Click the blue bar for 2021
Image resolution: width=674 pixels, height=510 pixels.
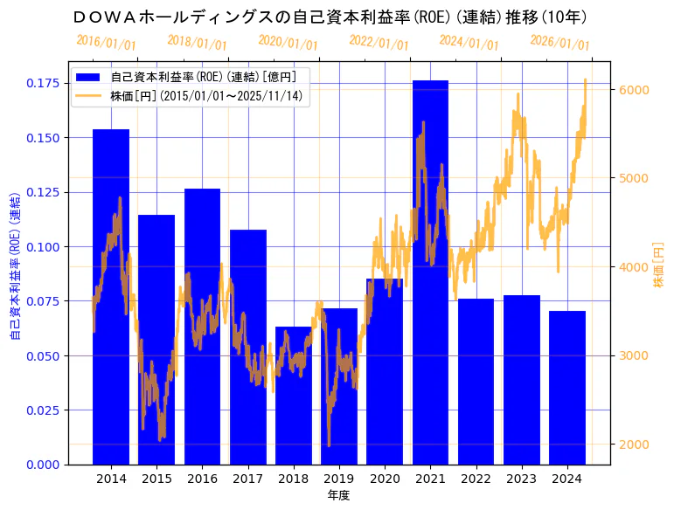tap(430, 272)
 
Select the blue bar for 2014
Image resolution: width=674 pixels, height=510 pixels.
tap(111, 296)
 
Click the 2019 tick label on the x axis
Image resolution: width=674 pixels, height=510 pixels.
tap(339, 479)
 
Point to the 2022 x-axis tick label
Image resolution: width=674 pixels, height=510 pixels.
tap(476, 479)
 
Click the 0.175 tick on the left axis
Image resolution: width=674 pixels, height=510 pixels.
tap(43, 83)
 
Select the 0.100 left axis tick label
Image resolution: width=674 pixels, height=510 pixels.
tap(43, 246)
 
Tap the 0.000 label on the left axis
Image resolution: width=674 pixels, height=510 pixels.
tap(43, 465)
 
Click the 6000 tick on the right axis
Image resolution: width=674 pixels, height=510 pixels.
tap(632, 90)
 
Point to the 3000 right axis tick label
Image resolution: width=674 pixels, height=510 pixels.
tap(632, 355)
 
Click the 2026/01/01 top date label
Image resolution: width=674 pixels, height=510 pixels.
tap(559, 42)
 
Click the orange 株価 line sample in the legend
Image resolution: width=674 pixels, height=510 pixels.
tap(90, 95)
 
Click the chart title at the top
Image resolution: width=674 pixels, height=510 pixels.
tap(330, 17)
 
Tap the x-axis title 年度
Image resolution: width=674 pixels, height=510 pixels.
tap(338, 495)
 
